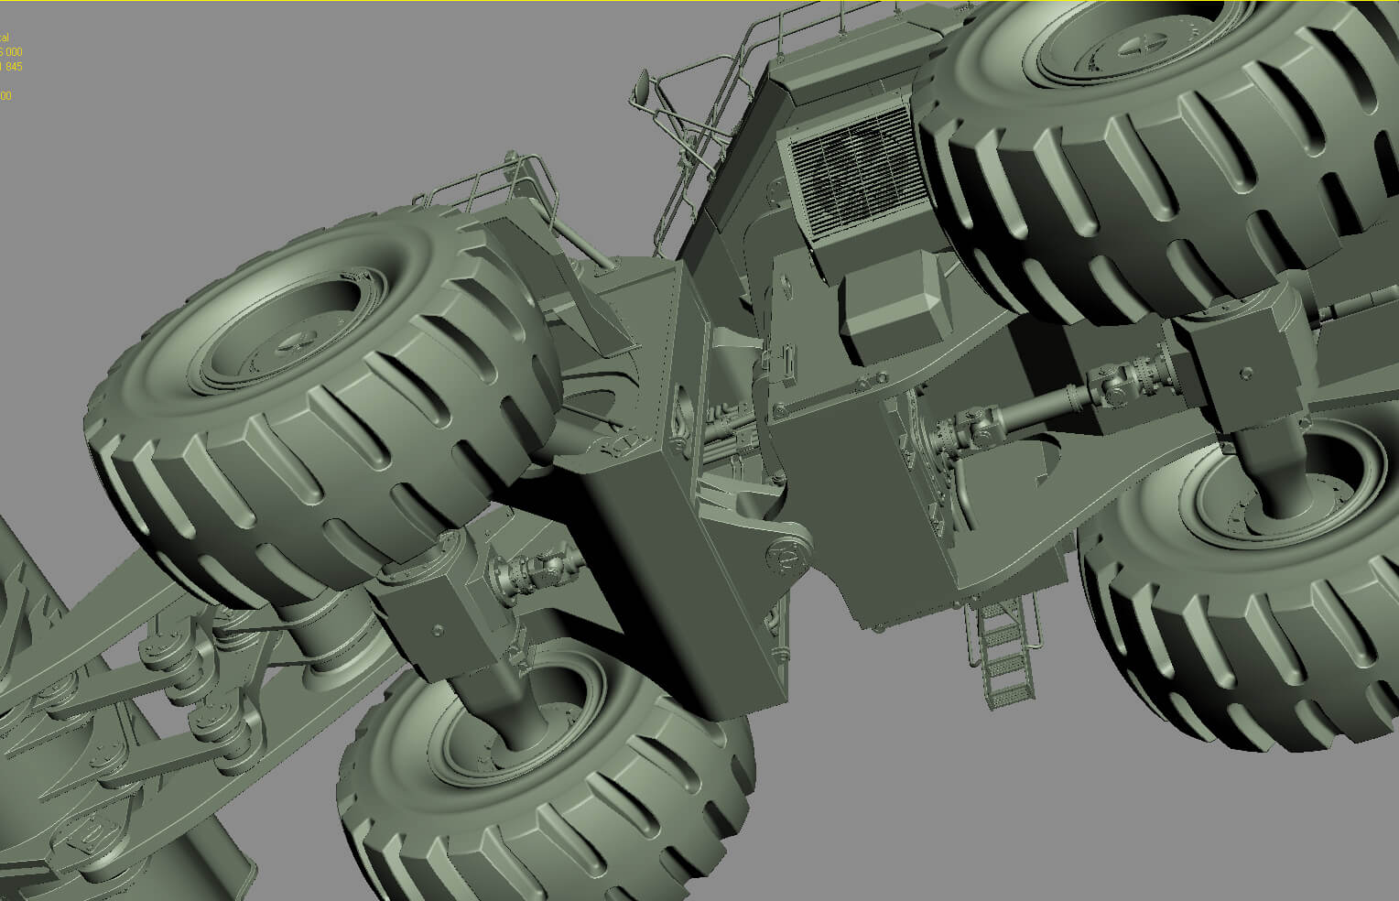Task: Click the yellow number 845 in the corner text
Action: pos(12,67)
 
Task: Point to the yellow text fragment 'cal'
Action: pos(4,38)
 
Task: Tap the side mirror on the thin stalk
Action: pos(643,86)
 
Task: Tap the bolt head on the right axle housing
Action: pos(1245,373)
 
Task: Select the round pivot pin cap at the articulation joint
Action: pos(784,552)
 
